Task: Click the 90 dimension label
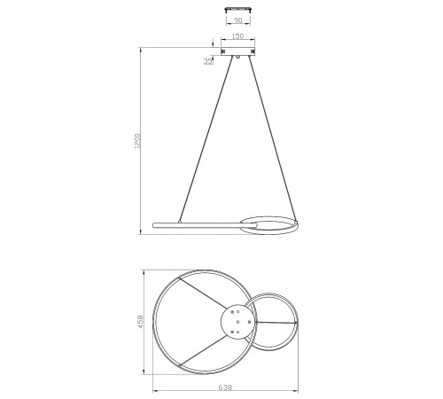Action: pyautogui.click(x=237, y=20)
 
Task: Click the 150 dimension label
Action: pyautogui.click(x=237, y=36)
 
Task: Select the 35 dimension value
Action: pyautogui.click(x=208, y=61)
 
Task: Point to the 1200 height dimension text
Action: pyautogui.click(x=137, y=141)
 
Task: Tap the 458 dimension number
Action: pyautogui.click(x=140, y=322)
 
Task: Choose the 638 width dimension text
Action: pyautogui.click(x=225, y=387)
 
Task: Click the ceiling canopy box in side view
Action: pyautogui.click(x=238, y=51)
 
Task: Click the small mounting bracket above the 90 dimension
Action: pyautogui.click(x=238, y=10)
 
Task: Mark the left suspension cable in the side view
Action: pyautogui.click(x=206, y=138)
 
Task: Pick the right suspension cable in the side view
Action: pyautogui.click(x=272, y=138)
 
